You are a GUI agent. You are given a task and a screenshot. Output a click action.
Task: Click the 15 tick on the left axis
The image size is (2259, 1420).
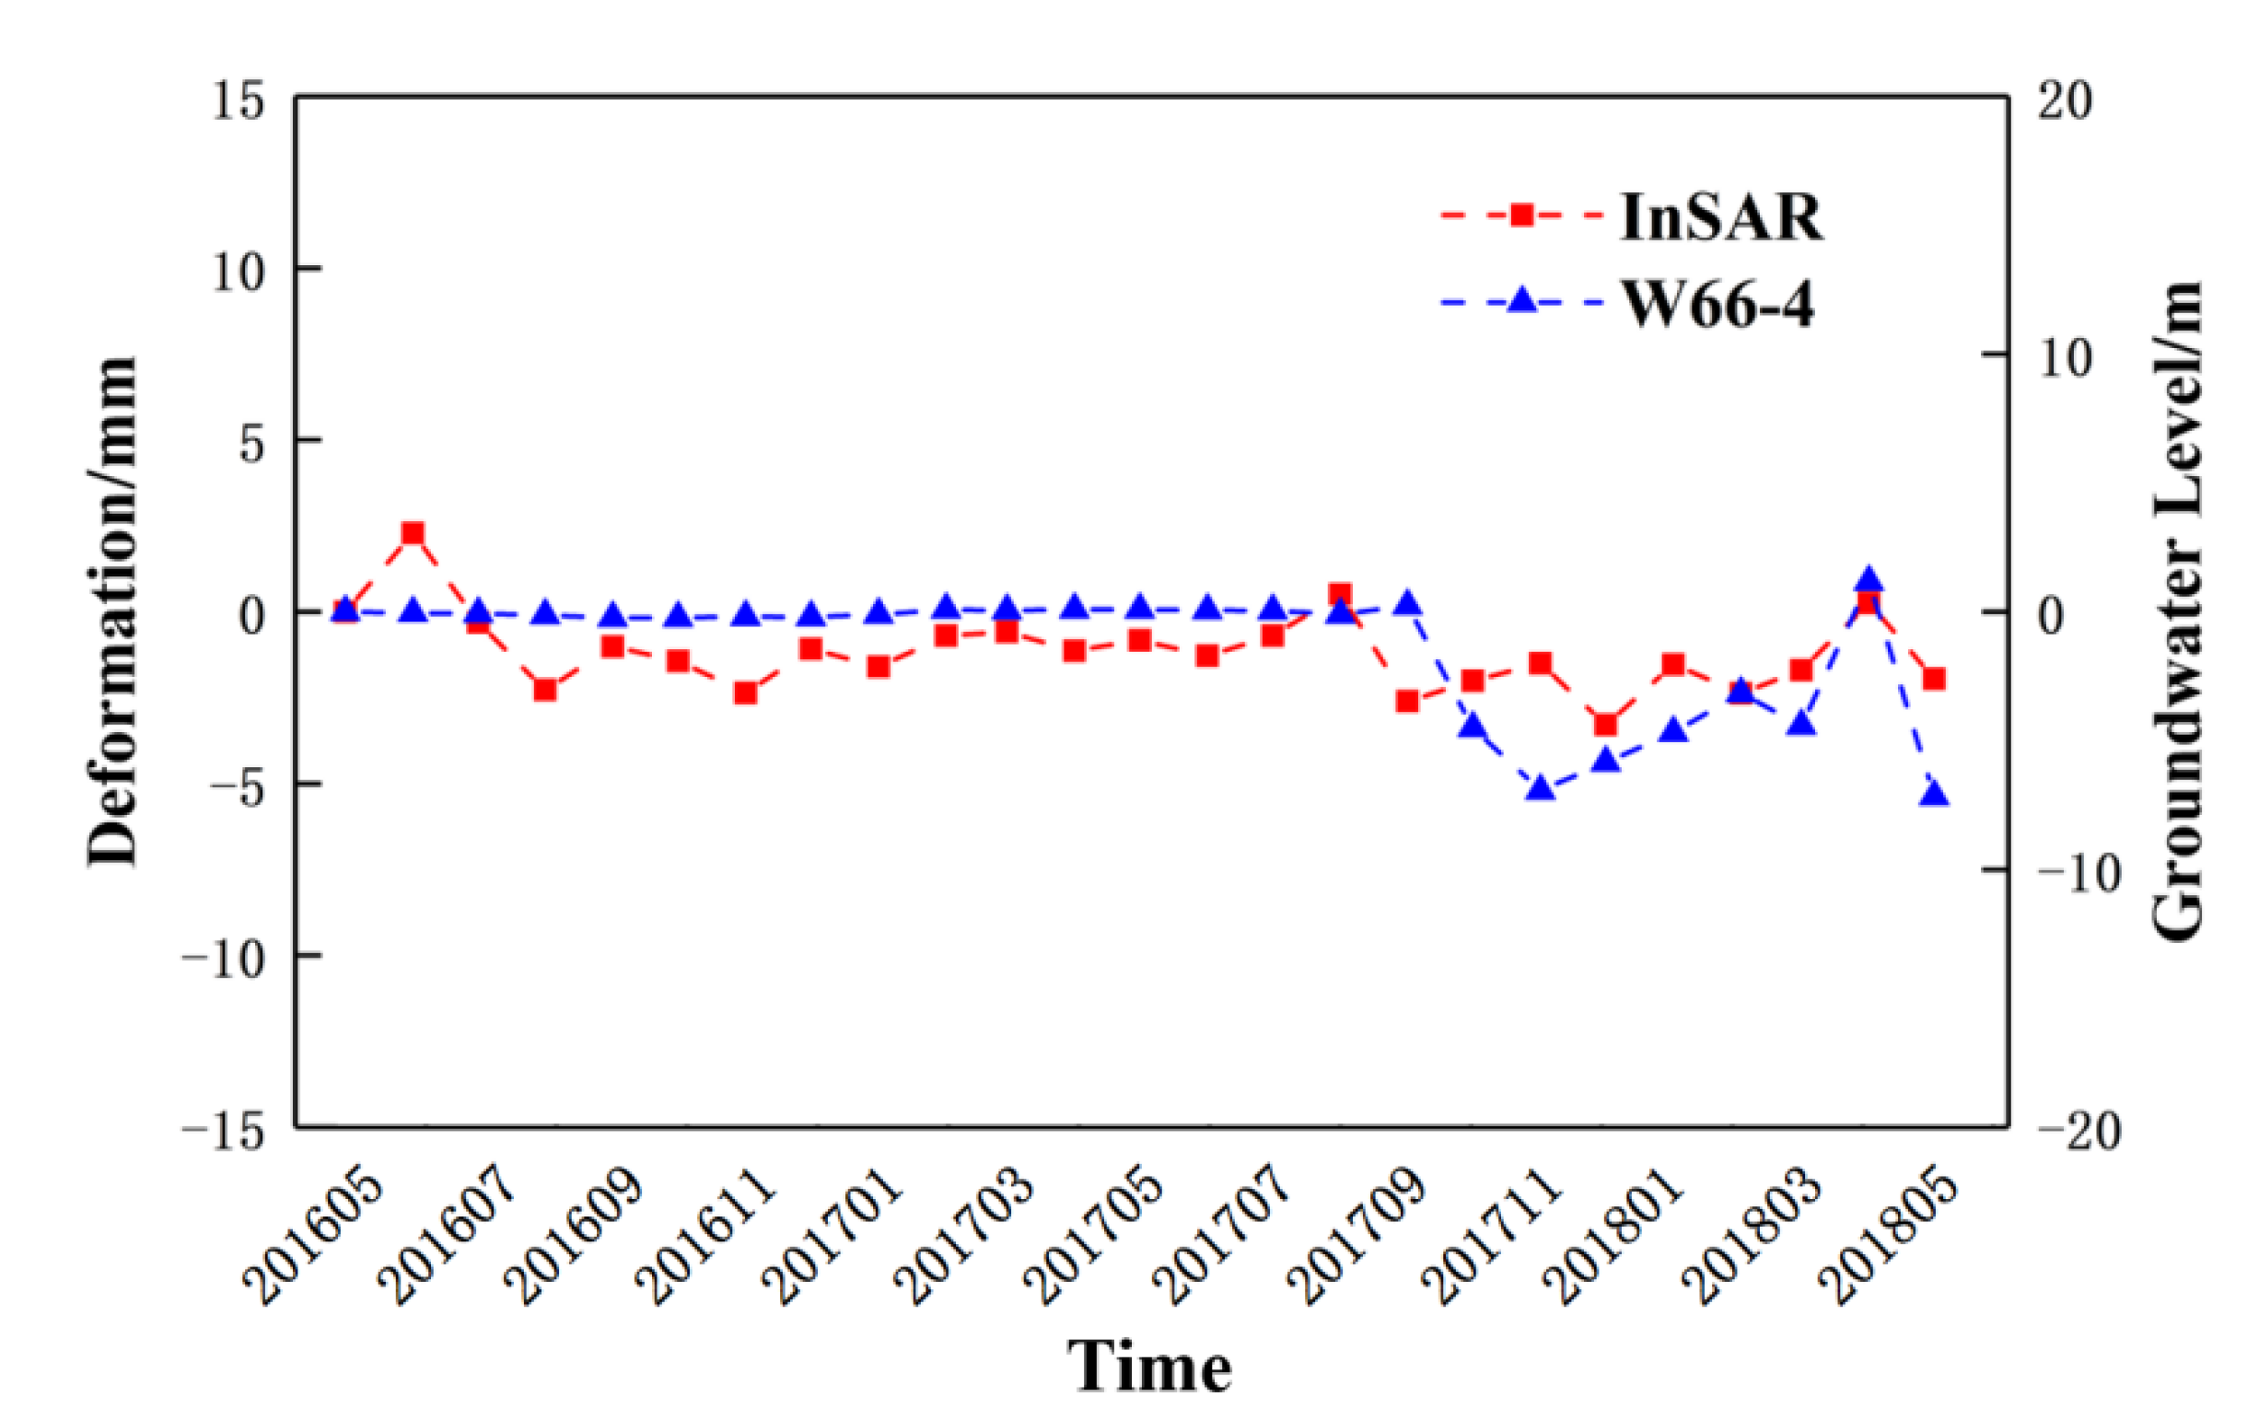click(238, 101)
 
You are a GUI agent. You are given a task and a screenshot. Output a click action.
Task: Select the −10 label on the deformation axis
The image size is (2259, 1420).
click(224, 959)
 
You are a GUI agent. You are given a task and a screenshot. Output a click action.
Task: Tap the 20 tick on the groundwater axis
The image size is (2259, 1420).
click(2065, 101)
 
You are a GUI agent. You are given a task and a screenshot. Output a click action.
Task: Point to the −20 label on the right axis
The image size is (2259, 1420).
click(2078, 1131)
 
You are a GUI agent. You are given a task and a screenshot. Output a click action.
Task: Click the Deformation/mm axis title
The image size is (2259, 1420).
click(112, 611)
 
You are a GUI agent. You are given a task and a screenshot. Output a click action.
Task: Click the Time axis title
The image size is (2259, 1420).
click(1149, 1366)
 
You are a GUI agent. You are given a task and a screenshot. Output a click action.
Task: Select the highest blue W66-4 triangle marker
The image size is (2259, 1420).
click(1868, 579)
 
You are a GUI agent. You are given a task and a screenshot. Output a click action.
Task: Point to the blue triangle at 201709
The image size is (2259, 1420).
click(1407, 604)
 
